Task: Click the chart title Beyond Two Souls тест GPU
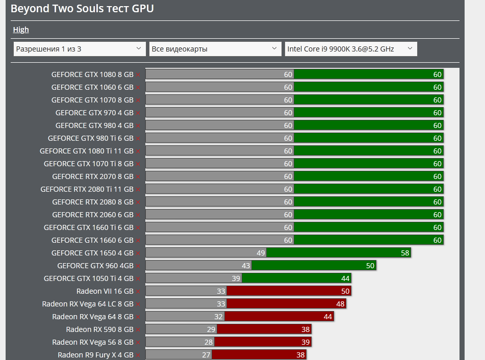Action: (x=82, y=9)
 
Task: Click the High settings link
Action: (x=21, y=30)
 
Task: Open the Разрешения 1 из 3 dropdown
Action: (x=80, y=49)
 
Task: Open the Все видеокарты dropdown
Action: (x=215, y=49)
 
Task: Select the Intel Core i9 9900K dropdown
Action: (x=350, y=49)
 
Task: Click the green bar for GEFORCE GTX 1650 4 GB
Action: (x=339, y=253)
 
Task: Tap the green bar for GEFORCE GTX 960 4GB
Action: (x=314, y=266)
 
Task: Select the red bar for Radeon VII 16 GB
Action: (x=289, y=291)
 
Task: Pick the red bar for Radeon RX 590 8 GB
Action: (x=263, y=329)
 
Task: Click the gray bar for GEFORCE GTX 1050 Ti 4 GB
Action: (x=194, y=278)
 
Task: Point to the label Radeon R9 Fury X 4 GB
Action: (x=95, y=355)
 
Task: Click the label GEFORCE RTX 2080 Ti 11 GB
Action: (x=87, y=189)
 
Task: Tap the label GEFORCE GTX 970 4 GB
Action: (x=94, y=113)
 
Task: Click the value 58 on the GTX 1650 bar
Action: (x=405, y=253)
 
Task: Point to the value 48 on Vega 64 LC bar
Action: (x=340, y=304)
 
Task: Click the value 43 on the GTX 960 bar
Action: (x=246, y=266)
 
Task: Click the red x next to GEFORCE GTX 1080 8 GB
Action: (x=138, y=74)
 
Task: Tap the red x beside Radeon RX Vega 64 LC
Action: (x=138, y=304)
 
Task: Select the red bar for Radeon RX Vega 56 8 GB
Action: (x=263, y=342)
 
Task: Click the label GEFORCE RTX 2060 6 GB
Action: (x=93, y=215)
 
